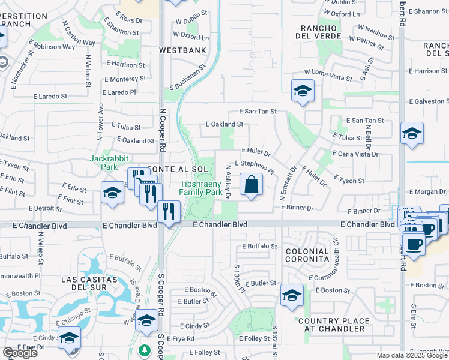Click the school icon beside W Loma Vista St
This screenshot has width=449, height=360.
(303, 91)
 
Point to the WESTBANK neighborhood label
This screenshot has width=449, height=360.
(182, 51)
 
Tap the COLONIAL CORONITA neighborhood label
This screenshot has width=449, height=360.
(307, 255)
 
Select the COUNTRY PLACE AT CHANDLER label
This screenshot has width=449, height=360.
(333, 325)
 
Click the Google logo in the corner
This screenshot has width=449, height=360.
(20, 353)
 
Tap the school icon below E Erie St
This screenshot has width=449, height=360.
(112, 193)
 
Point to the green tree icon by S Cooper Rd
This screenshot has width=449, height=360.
(144, 350)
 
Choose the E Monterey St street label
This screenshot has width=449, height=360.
(130, 79)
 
